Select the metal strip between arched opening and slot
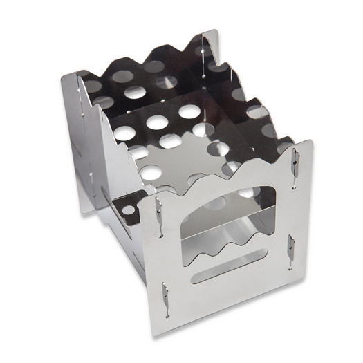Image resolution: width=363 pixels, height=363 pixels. pos(225,265)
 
